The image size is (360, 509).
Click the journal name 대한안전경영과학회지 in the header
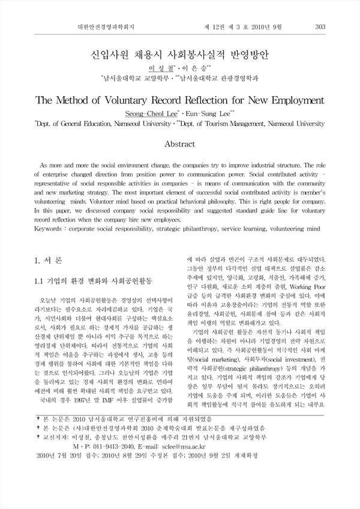(110, 26)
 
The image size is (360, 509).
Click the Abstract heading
(179, 144)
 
